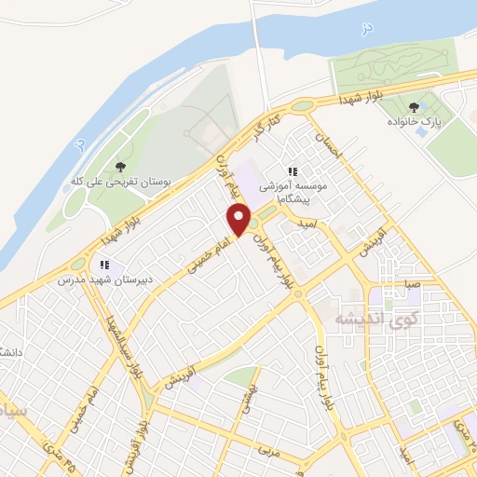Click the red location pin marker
tap(239, 220)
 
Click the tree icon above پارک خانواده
tap(413, 107)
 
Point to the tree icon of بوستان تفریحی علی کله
tap(119, 167)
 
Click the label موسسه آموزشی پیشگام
tap(296, 192)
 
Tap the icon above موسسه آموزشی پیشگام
tap(293, 171)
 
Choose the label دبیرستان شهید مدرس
tap(97, 279)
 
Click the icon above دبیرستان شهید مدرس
tap(105, 265)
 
